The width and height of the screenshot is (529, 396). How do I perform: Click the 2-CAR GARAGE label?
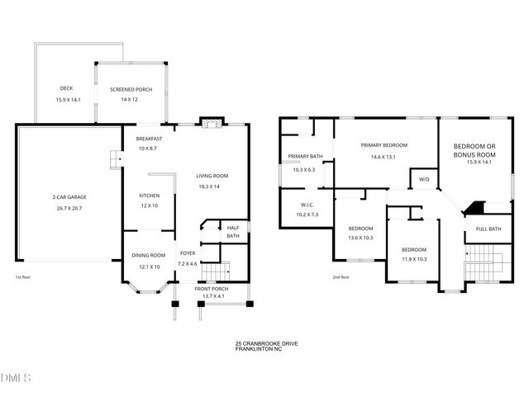[69, 197]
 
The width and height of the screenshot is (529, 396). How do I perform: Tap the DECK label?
[66, 88]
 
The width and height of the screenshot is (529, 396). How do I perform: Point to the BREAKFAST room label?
[150, 139]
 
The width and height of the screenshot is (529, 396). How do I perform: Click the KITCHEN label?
[149, 196]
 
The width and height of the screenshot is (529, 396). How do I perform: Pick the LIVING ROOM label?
[212, 176]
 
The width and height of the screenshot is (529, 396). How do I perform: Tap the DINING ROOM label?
[149, 256]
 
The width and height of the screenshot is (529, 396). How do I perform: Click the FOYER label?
[188, 253]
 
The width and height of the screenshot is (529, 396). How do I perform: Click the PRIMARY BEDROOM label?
[384, 145]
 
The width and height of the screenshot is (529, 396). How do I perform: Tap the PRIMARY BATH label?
[304, 157]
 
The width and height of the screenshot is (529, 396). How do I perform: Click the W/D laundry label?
[424, 179]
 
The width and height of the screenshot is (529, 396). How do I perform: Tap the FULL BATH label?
[488, 229]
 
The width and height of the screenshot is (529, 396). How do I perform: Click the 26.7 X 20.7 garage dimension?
[69, 210]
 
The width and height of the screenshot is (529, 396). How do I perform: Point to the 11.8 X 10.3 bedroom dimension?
[413, 260]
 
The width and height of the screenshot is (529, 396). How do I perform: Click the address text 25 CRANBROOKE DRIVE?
[263, 342]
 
